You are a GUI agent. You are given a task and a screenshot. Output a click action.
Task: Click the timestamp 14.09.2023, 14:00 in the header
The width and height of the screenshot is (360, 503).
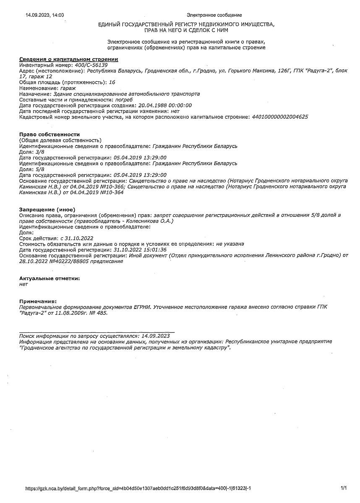tap(44, 15)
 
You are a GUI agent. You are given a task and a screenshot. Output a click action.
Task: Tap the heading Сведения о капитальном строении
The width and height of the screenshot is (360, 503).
tap(69, 60)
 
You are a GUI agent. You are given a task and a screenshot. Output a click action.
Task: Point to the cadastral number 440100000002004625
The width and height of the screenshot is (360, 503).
tap(279, 117)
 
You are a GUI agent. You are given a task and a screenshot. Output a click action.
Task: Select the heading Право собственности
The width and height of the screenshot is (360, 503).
tap(50, 134)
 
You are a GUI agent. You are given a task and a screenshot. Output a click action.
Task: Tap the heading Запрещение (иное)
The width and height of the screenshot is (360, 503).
tap(47, 209)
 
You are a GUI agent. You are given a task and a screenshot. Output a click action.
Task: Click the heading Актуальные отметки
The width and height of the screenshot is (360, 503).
tap(50, 278)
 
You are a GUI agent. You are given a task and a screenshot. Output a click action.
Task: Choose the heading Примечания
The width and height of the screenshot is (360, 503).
tap(38, 301)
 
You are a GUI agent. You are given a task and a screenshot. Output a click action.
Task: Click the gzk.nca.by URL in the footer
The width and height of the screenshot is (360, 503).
tap(138, 488)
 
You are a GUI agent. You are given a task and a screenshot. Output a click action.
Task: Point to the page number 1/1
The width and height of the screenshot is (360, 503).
tap(344, 488)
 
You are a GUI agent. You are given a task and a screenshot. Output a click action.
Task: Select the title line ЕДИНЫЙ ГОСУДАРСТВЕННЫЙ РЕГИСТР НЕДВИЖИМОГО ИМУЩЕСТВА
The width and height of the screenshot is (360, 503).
tap(186, 25)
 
